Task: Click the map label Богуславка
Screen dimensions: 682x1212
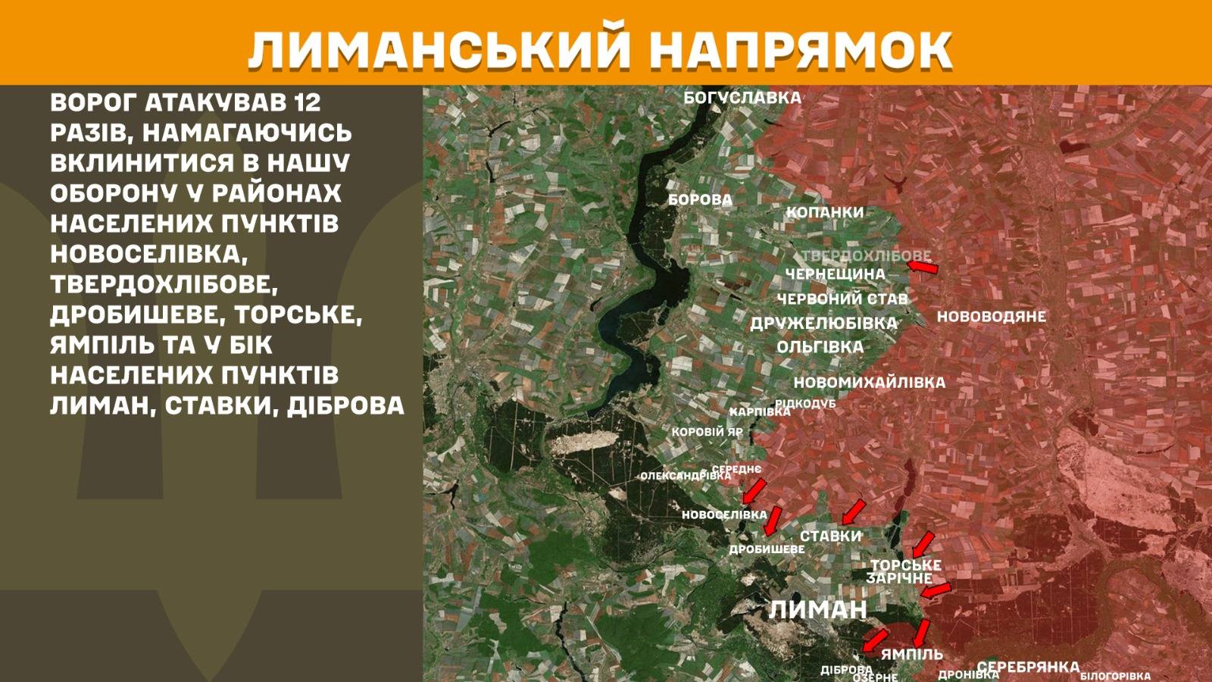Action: pos(742,98)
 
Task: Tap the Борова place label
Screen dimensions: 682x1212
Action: pos(700,200)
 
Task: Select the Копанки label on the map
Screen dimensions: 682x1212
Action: pos(824,212)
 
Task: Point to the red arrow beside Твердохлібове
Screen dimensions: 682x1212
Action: pos(923,267)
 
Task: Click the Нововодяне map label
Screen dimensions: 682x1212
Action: pos(991,317)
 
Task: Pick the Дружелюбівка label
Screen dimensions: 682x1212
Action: pos(823,324)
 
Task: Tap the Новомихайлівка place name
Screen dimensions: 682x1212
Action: pos(869,383)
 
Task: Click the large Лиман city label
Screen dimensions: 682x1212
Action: pos(817,609)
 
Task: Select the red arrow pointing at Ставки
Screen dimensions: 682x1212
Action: pos(853,511)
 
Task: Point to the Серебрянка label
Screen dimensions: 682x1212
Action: pos(1027,667)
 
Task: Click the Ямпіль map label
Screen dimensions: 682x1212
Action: pos(911,654)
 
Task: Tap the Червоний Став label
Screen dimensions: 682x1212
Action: pos(842,299)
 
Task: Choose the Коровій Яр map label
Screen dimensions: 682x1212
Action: pos(707,432)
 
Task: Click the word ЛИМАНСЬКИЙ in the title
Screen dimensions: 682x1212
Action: pos(439,50)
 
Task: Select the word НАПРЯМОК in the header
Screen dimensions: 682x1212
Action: pos(800,50)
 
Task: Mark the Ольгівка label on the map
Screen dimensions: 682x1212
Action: pos(820,347)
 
